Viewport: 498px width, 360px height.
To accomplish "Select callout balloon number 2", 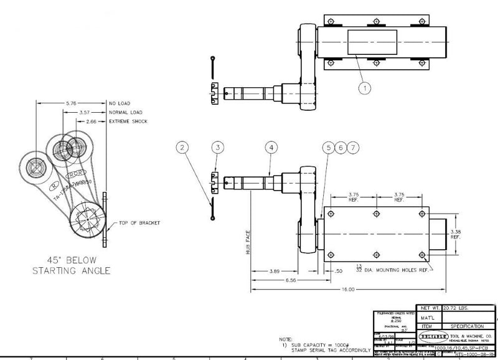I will [182, 148].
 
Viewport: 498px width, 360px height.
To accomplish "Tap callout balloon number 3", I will [217, 148].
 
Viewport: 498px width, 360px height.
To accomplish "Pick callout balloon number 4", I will [270, 148].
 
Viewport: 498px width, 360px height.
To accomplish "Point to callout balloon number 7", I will [353, 148].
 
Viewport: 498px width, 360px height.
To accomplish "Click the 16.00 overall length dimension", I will [347, 290].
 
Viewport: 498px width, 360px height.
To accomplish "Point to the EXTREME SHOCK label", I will [128, 121].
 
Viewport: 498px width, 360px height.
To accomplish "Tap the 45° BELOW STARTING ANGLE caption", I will [72, 265].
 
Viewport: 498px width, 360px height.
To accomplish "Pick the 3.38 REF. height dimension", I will [456, 234].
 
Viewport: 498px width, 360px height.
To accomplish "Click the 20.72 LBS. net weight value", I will [457, 308].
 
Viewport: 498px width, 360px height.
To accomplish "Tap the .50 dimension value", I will [339, 272].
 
